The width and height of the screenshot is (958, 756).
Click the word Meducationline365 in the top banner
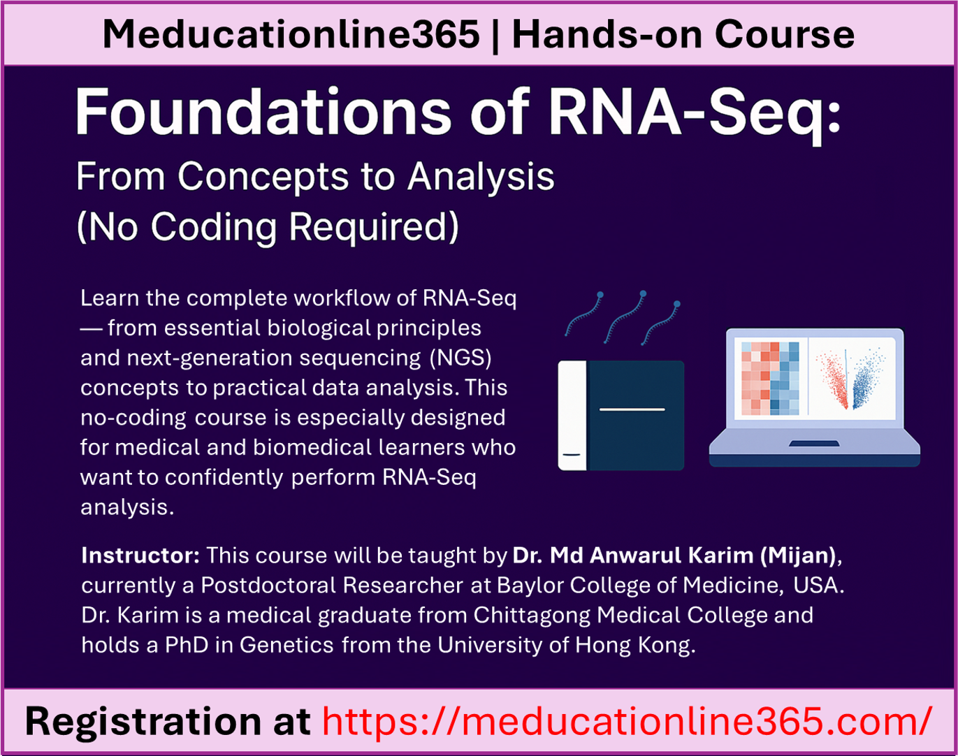[291, 34]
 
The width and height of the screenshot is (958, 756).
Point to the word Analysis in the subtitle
[481, 176]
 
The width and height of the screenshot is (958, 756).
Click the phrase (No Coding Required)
[268, 226]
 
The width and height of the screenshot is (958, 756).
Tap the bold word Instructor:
[140, 555]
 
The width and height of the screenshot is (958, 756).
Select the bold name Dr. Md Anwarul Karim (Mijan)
[674, 555]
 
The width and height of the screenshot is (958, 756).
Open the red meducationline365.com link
[627, 721]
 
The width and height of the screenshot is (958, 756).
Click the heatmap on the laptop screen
[770, 378]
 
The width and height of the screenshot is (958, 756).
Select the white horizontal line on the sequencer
[632, 409]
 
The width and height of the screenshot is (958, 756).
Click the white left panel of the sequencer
[572, 415]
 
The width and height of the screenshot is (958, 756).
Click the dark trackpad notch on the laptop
[814, 444]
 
